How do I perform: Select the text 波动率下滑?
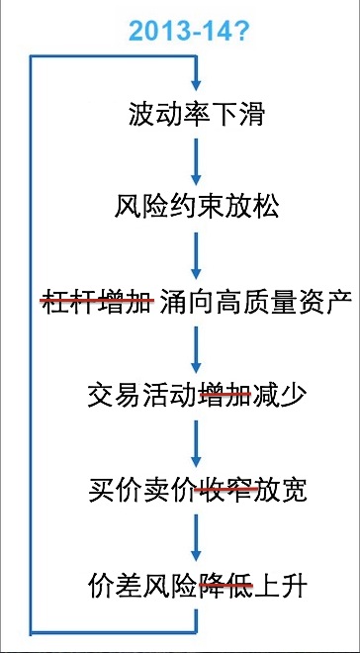click(x=197, y=115)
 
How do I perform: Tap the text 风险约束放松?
click(x=197, y=208)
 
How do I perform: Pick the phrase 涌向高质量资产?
click(x=254, y=301)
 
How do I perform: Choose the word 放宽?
click(x=280, y=490)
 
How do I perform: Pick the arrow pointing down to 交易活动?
click(x=197, y=347)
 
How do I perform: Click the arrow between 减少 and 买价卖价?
click(x=197, y=442)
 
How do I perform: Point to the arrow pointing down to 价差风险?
click(x=197, y=537)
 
